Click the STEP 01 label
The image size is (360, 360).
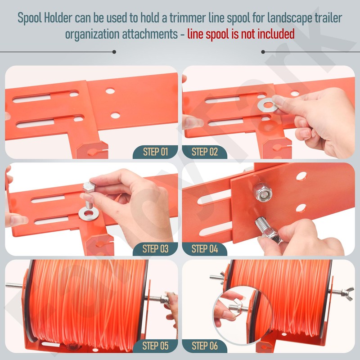tap(155, 152)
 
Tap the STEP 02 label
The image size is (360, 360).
tap(205, 152)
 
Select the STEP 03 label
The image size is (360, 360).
tap(155, 248)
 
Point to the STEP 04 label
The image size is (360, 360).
tap(205, 248)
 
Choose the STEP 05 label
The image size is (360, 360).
tap(155, 346)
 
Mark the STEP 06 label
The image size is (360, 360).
tap(205, 346)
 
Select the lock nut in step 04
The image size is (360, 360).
tap(263, 193)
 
